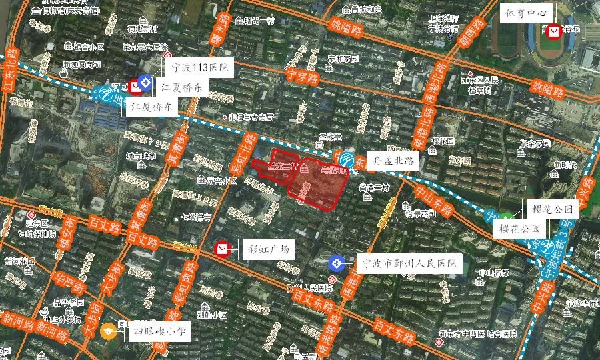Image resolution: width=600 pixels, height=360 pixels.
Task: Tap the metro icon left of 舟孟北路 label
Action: pos(347,161)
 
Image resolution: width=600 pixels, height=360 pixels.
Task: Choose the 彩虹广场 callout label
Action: pos(266,249)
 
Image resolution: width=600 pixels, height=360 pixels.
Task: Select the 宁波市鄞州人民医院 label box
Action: pos(408,263)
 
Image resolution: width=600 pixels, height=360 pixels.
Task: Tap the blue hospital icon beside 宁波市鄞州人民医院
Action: pos(338,263)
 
